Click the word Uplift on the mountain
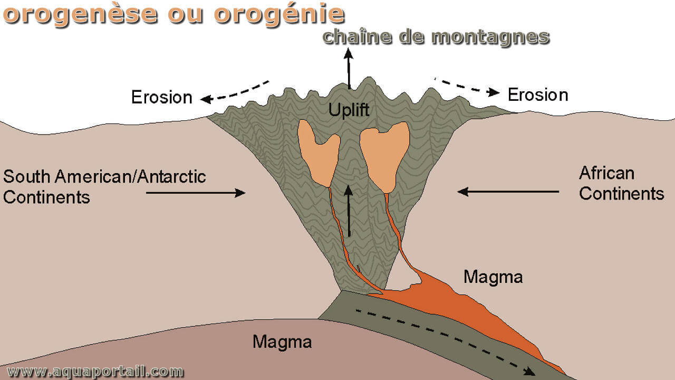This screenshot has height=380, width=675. coord(349,110)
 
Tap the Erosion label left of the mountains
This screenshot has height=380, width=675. coord(162,97)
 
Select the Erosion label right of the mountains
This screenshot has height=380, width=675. coord(538,94)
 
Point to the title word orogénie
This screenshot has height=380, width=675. coord(279,14)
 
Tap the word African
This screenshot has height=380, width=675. coord(606,173)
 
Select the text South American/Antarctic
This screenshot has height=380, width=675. coord(104,176)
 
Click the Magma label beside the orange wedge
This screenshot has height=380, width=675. coord(493,277)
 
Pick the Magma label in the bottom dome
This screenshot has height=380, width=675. coord(282,341)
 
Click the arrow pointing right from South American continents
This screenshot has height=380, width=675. coord(196,193)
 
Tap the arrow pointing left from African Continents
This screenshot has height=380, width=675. coord(508,192)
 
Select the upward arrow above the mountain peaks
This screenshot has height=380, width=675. coord(349,69)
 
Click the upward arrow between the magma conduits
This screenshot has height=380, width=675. coord(349,211)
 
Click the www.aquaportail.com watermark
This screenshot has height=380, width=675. coord(95,371)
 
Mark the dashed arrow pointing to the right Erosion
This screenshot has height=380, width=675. coord(467,87)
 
